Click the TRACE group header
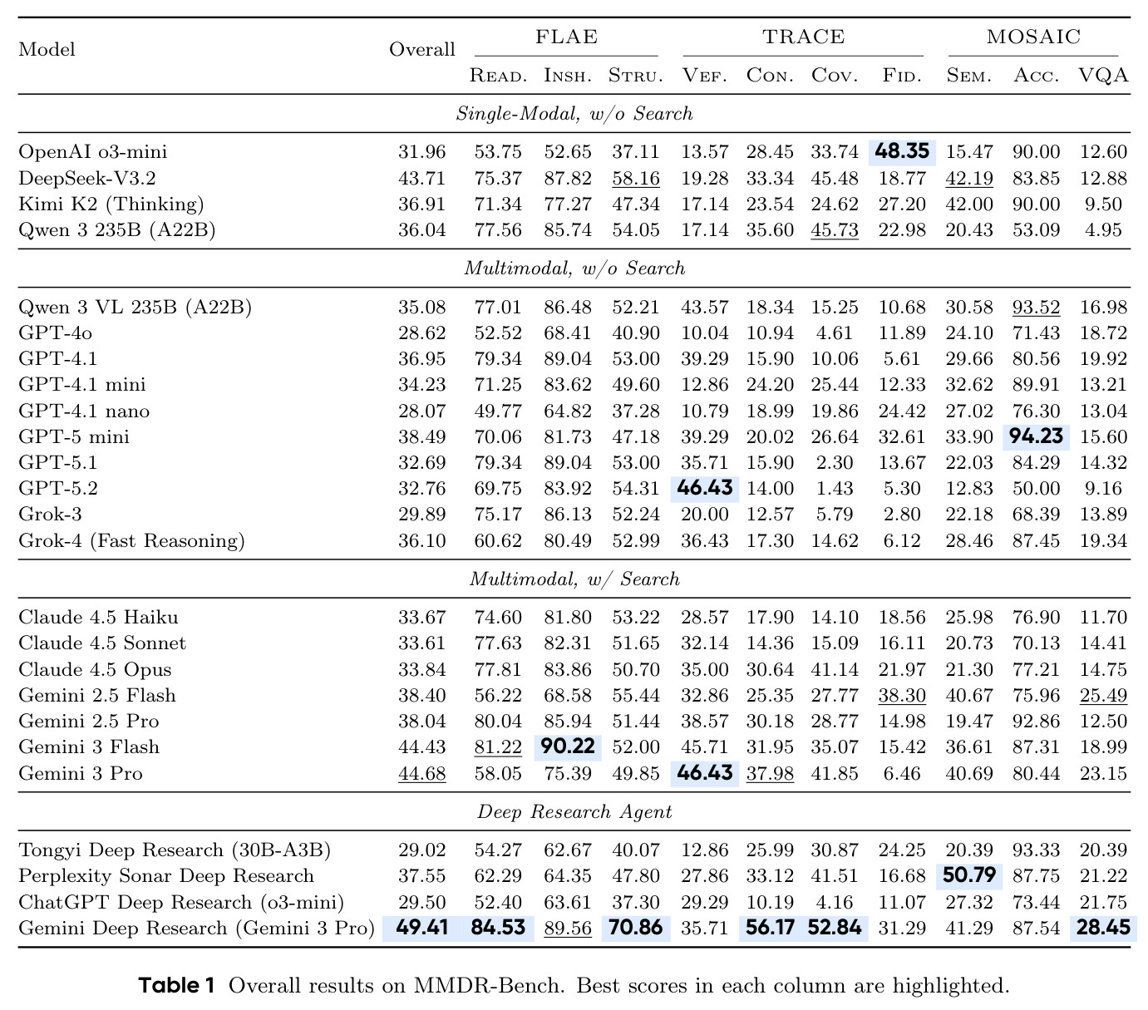click(803, 37)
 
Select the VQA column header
click(1102, 76)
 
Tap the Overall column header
click(421, 49)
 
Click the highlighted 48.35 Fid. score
click(901, 151)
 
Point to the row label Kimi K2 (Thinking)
click(111, 204)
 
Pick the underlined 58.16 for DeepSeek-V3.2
click(635, 179)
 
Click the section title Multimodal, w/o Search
click(574, 268)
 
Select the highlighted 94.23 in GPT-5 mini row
click(1036, 436)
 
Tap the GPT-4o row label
click(55, 333)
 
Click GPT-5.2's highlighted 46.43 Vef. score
click(704, 488)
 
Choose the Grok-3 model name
click(50, 514)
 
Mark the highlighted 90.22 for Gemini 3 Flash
click(567, 746)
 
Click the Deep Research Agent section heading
click(574, 811)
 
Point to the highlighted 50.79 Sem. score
click(968, 875)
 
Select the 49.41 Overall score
click(421, 927)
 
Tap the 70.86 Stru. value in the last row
click(635, 927)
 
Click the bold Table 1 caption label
click(176, 985)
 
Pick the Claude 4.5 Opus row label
click(95, 669)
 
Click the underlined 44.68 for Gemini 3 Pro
click(421, 774)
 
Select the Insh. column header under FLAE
click(567, 76)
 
